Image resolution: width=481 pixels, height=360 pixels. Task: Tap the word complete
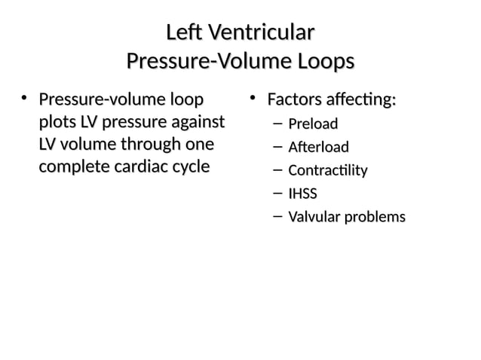coord(72,166)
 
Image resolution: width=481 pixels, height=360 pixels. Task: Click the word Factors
coord(293,99)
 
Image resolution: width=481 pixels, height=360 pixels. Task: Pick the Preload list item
coord(313,124)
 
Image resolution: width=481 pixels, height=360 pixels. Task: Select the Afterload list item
coord(318,147)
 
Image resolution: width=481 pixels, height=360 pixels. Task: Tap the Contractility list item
coord(328,170)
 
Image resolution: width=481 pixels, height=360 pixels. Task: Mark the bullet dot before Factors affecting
coord(254,98)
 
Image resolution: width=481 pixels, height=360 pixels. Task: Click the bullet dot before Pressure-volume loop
coord(25,98)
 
